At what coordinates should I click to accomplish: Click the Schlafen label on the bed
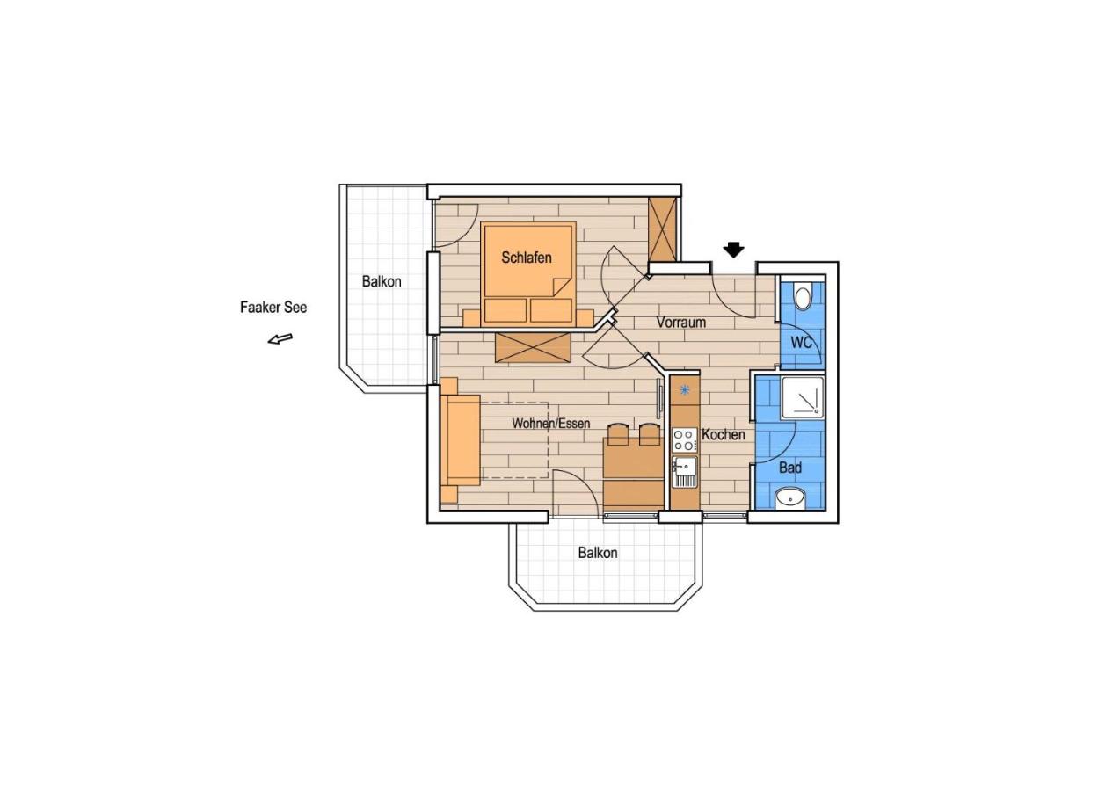tap(527, 258)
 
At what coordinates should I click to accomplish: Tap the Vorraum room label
tap(681, 323)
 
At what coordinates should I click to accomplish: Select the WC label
tap(801, 343)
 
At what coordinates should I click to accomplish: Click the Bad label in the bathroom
tap(789, 468)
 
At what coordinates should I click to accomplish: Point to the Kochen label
tap(724, 434)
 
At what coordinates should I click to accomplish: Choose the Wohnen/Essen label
tap(551, 424)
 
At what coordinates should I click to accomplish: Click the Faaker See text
tap(273, 308)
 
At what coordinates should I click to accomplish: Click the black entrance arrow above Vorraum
tap(733, 250)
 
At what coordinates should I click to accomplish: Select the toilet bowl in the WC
tap(802, 297)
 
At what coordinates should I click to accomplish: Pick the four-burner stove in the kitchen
tap(684, 439)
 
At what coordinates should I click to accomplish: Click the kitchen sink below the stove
tap(684, 472)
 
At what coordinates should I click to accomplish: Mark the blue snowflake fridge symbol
tap(684, 390)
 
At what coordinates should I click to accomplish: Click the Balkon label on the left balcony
tap(382, 282)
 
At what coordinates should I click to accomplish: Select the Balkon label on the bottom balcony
tap(597, 553)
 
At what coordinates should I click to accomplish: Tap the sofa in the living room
tap(460, 440)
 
